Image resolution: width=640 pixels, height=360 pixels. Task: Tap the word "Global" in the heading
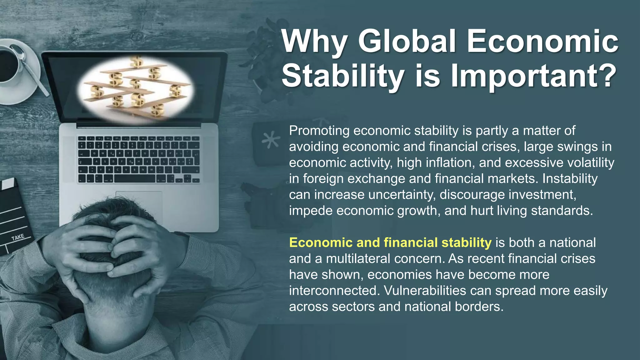point(407,42)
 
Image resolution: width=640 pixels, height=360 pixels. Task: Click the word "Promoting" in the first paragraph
point(319,131)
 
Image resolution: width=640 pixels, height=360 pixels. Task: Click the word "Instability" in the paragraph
point(570,179)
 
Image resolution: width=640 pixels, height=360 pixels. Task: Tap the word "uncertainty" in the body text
point(402,195)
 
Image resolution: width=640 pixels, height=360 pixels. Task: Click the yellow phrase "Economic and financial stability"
point(390,243)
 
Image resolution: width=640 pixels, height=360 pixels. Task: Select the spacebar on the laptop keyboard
point(134,179)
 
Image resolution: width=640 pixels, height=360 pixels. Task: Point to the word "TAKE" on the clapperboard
point(18,237)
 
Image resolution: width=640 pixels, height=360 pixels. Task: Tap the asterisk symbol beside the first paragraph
point(271,139)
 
